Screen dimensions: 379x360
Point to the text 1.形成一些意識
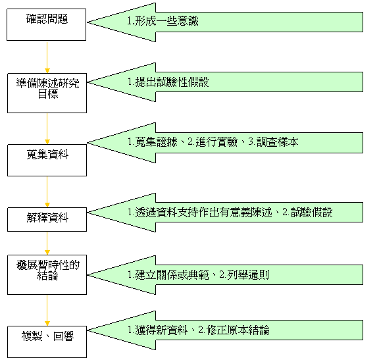(x=163, y=21)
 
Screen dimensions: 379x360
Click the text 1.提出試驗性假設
(x=168, y=82)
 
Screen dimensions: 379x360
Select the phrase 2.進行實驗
(x=213, y=142)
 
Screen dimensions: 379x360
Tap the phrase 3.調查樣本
(x=273, y=142)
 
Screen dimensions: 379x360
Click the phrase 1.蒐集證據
(x=153, y=142)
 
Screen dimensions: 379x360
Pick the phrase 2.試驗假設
(x=307, y=213)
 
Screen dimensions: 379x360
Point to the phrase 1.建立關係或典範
(x=168, y=274)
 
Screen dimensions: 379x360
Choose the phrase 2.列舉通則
(x=244, y=274)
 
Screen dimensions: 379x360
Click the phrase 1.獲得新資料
(x=158, y=330)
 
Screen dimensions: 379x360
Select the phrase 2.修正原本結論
(x=234, y=330)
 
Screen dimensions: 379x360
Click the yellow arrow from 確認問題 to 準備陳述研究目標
(x=47, y=57)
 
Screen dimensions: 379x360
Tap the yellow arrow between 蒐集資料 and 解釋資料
(x=47, y=192)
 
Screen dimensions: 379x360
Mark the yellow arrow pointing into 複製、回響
(x=47, y=311)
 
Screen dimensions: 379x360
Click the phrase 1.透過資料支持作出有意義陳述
(x=200, y=213)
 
